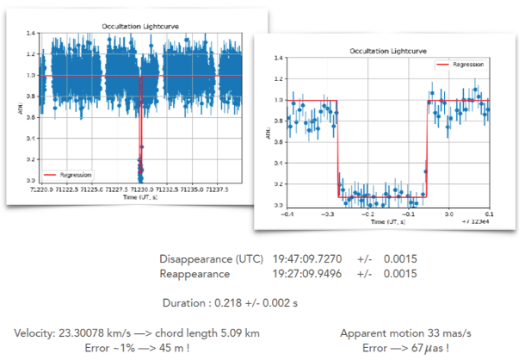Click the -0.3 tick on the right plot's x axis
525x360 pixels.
pyautogui.click(x=328, y=212)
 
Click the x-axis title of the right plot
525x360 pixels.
pyautogui.click(x=387, y=221)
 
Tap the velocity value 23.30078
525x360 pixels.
pyautogui.click(x=90, y=332)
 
